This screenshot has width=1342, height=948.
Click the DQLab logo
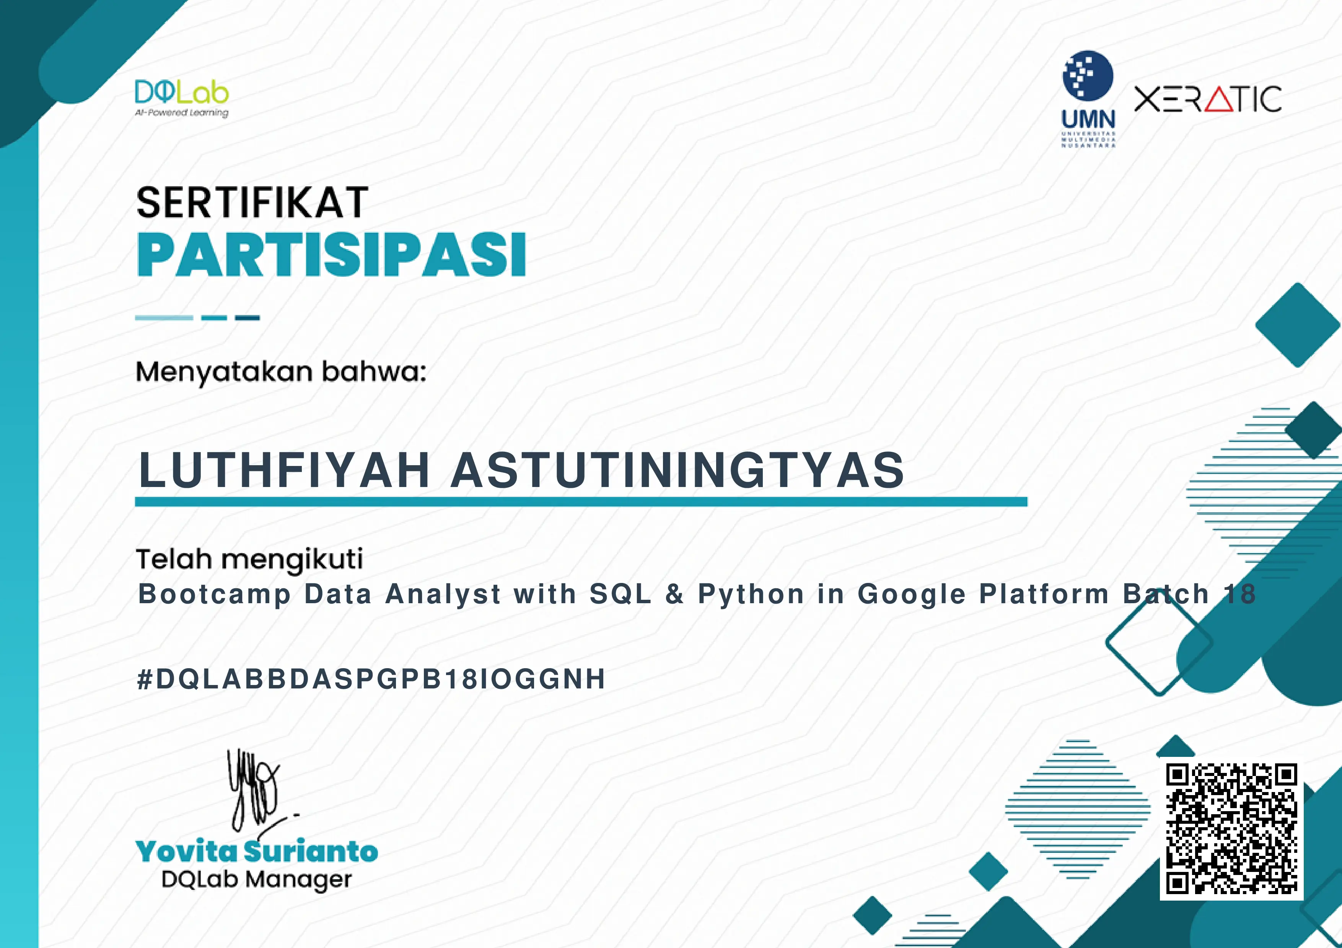[x=182, y=99]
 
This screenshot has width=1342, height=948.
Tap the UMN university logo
[x=1088, y=99]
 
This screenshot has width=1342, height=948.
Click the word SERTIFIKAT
[x=252, y=203]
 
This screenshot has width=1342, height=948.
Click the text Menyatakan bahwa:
[x=281, y=372]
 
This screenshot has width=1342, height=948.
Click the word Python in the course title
[x=751, y=595]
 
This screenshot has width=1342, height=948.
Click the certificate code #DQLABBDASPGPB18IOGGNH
[x=371, y=679]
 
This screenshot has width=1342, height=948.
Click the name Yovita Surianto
[x=257, y=851]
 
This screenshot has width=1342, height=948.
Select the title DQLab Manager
[x=257, y=880]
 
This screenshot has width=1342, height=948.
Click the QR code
[x=1231, y=829]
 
